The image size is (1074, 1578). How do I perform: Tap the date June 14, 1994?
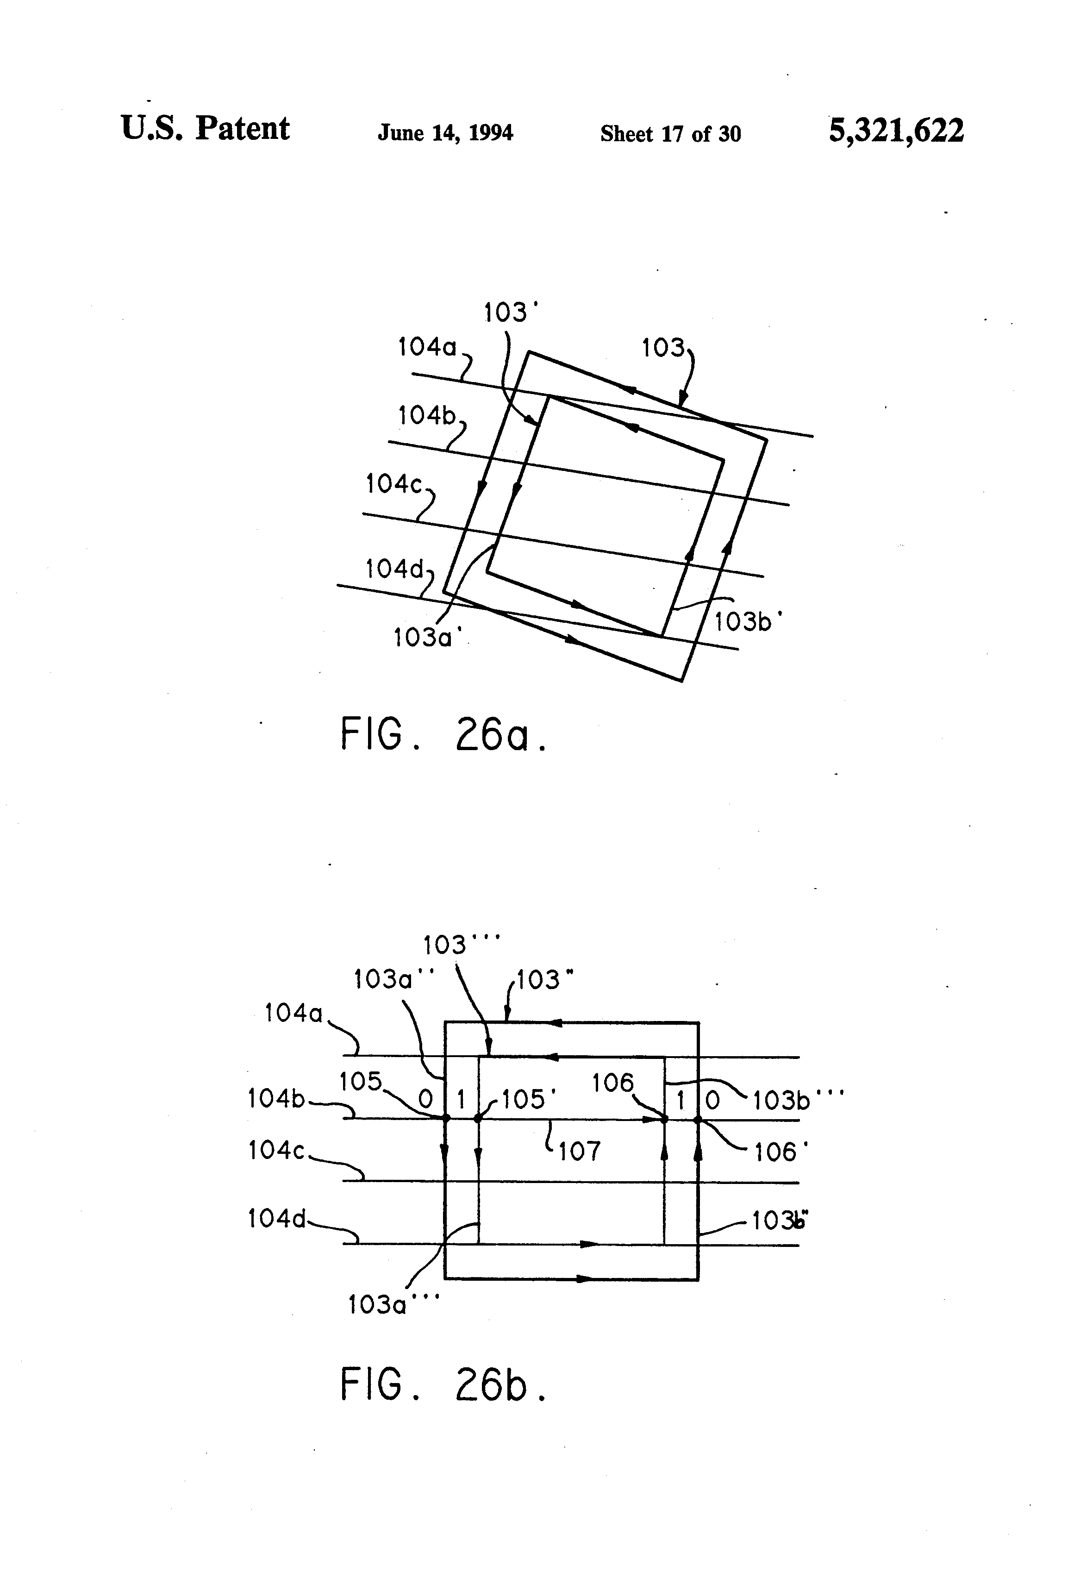(445, 132)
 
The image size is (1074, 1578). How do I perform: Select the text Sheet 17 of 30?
(670, 134)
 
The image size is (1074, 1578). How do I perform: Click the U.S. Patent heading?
(205, 128)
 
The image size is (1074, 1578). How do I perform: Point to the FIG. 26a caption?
(443, 735)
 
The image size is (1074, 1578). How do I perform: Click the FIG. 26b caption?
(443, 1385)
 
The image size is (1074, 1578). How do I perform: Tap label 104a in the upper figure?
(427, 347)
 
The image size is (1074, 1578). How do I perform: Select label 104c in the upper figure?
(394, 484)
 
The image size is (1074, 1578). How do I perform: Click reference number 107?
(579, 1152)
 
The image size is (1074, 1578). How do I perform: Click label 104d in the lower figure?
(277, 1219)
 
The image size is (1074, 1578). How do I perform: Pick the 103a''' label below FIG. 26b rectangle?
(393, 1305)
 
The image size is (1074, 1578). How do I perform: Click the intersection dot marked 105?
(446, 1118)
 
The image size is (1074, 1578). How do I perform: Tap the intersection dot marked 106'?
(697, 1118)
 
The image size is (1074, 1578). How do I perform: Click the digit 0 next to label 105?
(425, 1099)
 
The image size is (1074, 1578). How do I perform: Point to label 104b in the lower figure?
(277, 1098)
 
